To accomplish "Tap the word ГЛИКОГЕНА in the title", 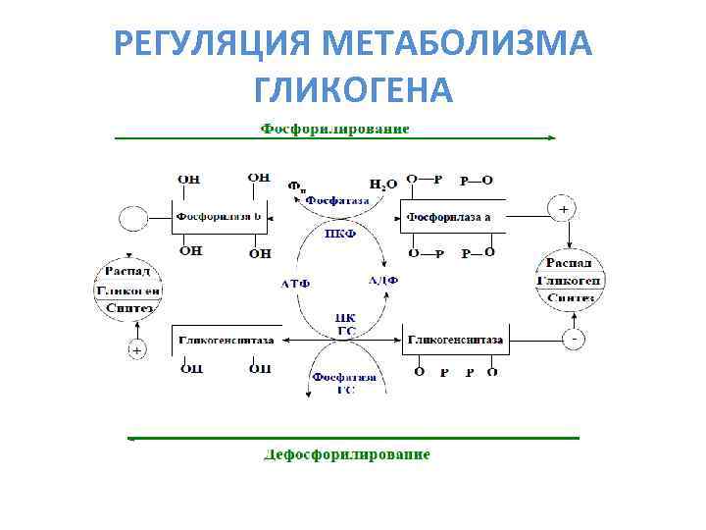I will [x=353, y=90].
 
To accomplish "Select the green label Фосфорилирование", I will [x=334, y=129].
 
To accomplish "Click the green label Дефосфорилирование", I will [x=347, y=454].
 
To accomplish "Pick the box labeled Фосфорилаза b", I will [x=219, y=216].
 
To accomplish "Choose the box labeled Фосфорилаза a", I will [x=450, y=217].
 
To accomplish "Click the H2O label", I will [x=382, y=184].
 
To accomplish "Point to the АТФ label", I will [x=295, y=283].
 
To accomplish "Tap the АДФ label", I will [x=382, y=281].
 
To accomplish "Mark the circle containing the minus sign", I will [x=575, y=339].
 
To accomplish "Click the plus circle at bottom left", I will [x=136, y=349].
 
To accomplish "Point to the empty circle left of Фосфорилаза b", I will [x=132, y=217].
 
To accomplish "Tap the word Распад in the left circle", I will [x=126, y=272].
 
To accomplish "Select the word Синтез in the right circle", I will [x=570, y=297].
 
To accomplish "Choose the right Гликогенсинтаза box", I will [x=455, y=340].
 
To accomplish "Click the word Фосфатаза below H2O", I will [x=336, y=199].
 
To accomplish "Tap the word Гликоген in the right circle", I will [x=569, y=280].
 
